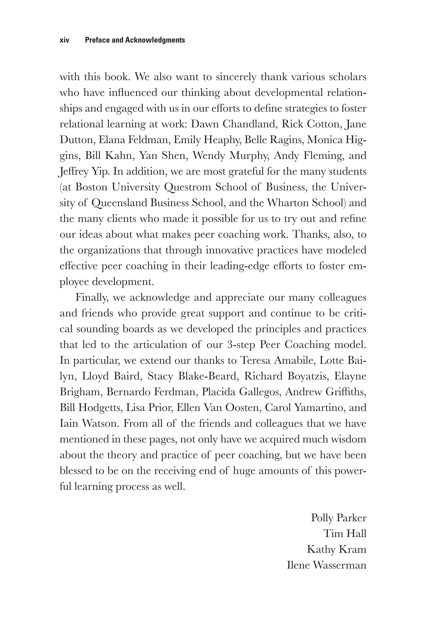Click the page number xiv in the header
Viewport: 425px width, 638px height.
click(65, 40)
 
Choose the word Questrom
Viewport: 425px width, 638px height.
click(188, 187)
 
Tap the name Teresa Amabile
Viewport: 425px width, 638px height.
click(277, 361)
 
